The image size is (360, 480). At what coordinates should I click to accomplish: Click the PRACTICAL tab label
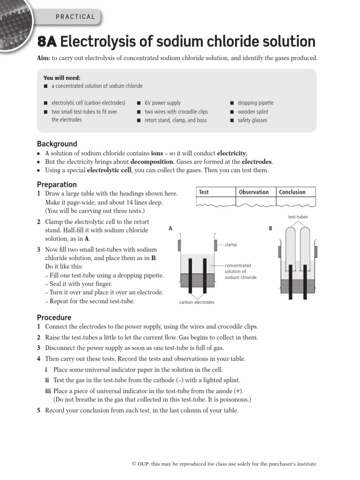[75, 17]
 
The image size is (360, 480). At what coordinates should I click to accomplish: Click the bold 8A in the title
[46, 42]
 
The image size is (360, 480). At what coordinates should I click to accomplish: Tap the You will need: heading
[62, 78]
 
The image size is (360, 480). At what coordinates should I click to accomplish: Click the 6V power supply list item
[162, 103]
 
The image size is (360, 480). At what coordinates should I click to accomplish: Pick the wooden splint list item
[253, 112]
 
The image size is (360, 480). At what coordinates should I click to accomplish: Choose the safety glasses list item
[252, 120]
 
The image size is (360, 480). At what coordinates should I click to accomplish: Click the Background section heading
[57, 144]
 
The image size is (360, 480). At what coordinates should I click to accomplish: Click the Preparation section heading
[57, 184]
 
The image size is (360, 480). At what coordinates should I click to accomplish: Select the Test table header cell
[204, 192]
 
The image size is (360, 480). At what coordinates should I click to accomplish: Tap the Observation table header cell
[254, 192]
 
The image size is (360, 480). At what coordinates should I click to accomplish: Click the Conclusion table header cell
[292, 192]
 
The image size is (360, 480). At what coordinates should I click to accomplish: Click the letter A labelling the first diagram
[171, 228]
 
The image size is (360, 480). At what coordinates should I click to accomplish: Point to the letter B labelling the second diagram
[270, 228]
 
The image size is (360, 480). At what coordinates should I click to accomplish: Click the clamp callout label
[231, 245]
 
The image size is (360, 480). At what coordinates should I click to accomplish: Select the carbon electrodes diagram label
[197, 302]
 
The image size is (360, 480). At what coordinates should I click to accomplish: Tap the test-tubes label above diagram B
[298, 217]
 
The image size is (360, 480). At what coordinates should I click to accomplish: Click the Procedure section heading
[54, 317]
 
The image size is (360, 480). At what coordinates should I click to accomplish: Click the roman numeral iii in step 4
[48, 391]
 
